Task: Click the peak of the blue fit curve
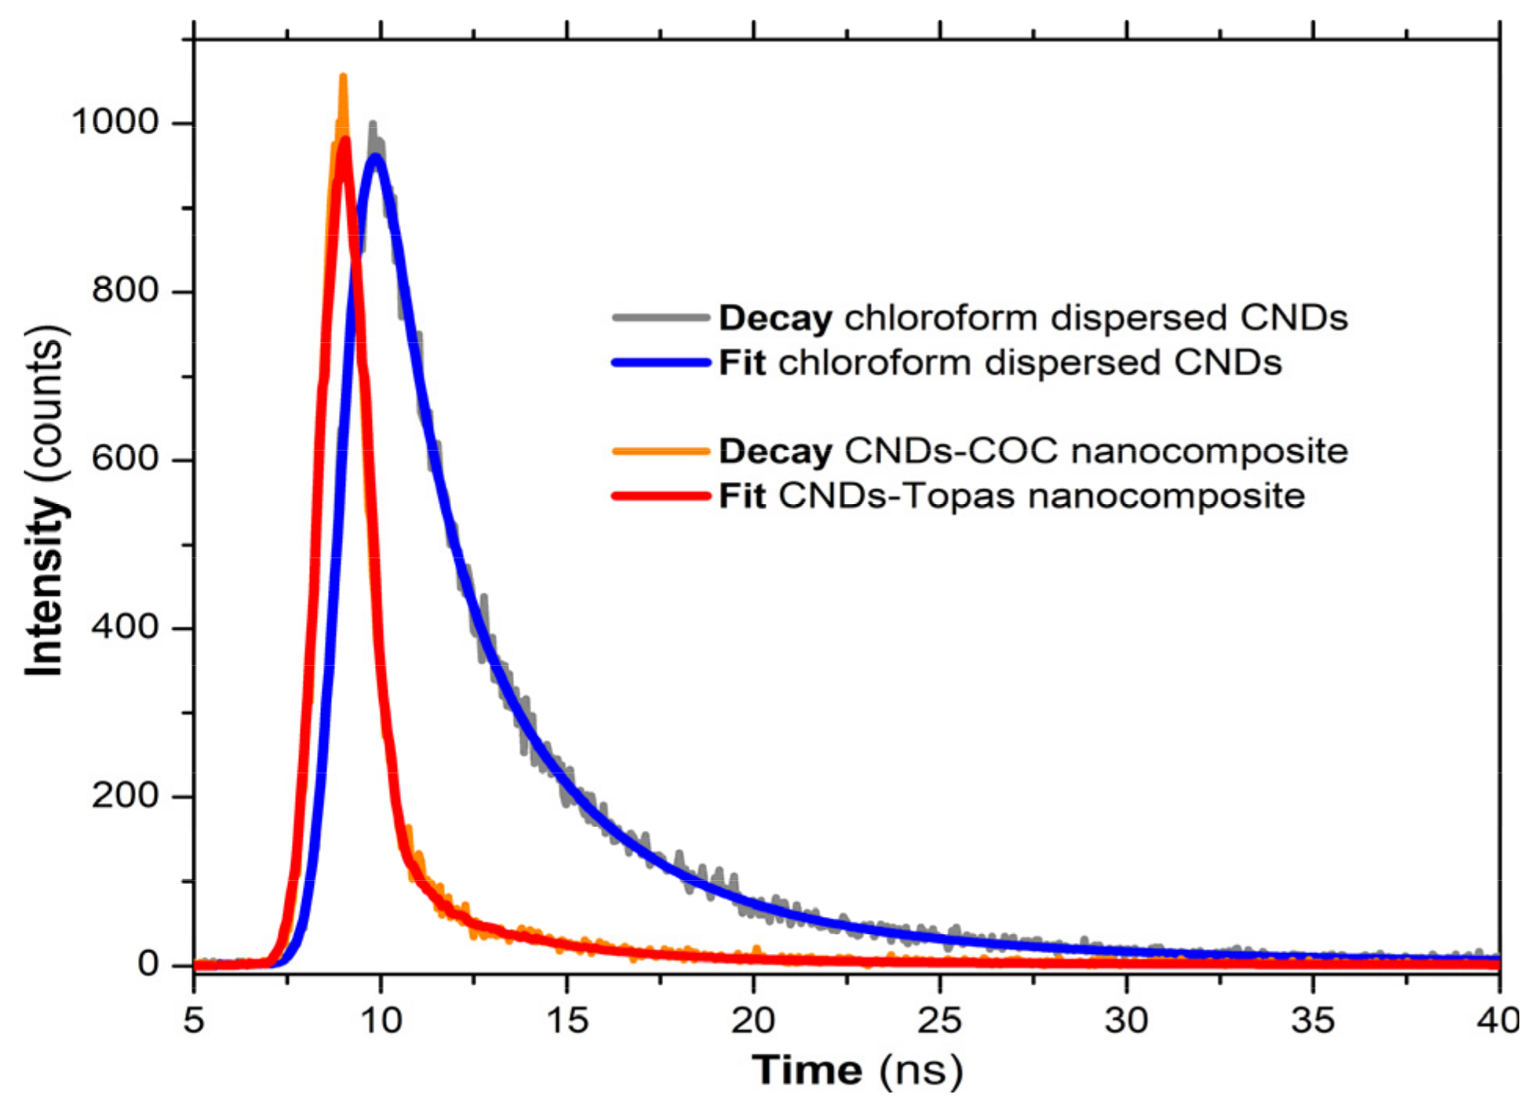(377, 158)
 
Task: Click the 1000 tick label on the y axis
(115, 122)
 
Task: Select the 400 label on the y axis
(126, 627)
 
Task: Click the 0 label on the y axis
(148, 963)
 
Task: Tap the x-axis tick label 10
(381, 1021)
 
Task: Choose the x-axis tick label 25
(940, 1021)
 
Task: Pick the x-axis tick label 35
(1313, 1021)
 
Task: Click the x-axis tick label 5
(194, 1021)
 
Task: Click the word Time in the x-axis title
(808, 1070)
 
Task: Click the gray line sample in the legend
(661, 318)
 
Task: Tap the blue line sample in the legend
(661, 363)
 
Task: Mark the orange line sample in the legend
(661, 451)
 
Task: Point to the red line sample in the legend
(661, 496)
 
